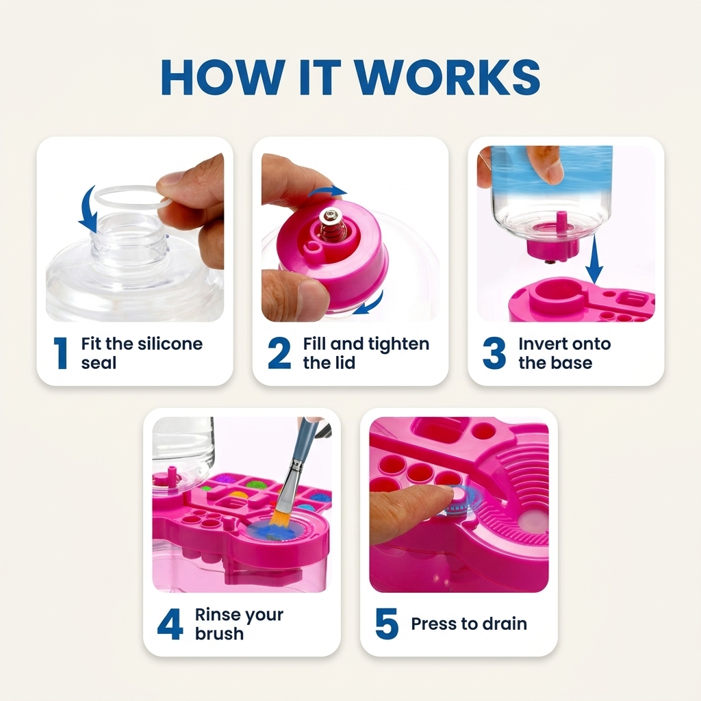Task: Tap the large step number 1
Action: [60, 353]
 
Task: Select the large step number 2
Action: [279, 353]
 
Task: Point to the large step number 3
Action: [494, 353]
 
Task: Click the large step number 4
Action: [170, 624]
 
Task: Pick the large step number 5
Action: [387, 624]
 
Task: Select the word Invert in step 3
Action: [539, 344]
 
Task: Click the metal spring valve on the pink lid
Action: [331, 225]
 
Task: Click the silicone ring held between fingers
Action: [130, 197]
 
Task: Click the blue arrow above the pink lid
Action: [328, 192]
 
